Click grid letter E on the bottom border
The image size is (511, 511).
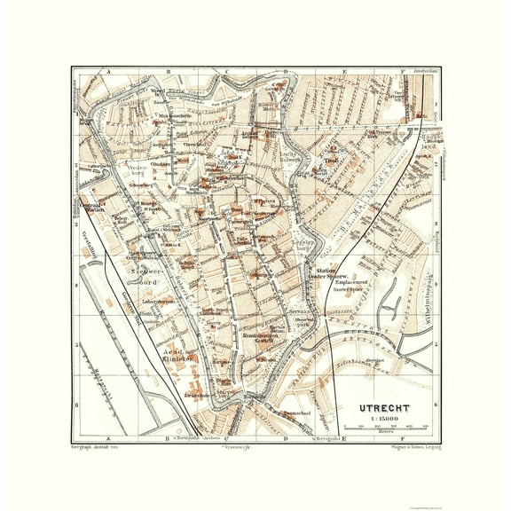345,436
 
